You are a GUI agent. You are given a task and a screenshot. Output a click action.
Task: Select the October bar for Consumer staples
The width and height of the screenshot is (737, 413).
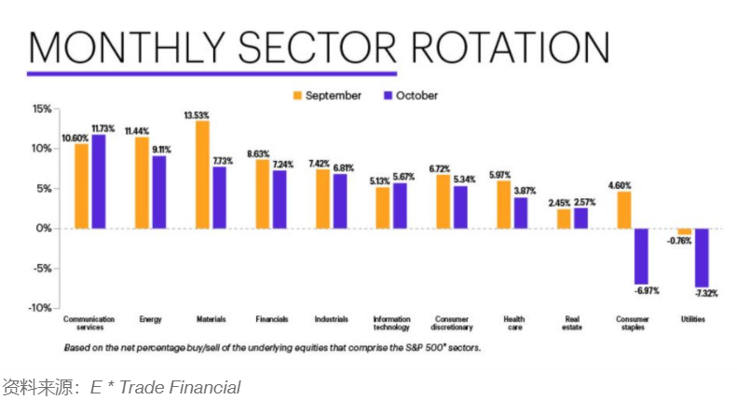641,256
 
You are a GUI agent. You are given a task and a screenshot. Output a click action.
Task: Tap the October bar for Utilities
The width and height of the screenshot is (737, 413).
701,258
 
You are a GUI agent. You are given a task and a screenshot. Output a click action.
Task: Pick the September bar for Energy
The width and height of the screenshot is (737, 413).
142,182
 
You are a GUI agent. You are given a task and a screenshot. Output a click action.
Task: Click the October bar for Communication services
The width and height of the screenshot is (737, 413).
98,181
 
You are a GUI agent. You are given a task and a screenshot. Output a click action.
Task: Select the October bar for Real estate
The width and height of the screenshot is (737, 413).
580,218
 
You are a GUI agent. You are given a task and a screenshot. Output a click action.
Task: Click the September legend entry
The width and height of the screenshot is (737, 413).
325,95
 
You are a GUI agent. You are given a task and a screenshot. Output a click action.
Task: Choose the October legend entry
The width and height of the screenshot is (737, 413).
409,95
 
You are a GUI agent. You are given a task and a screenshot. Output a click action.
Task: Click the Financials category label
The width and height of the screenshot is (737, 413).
270,319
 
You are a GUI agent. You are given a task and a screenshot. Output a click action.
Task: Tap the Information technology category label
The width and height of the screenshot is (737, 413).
391,323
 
